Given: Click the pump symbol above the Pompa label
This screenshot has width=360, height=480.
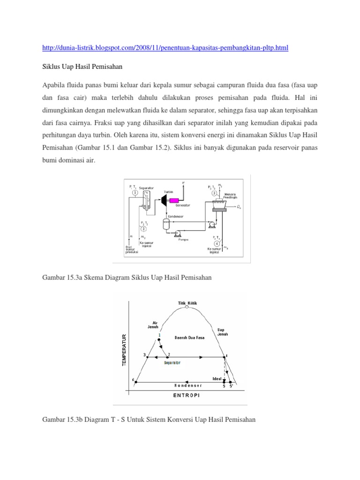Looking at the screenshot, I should click(178, 232).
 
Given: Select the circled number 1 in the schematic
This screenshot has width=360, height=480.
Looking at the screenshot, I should click(135, 193).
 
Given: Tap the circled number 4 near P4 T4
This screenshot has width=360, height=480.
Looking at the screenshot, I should click(216, 244).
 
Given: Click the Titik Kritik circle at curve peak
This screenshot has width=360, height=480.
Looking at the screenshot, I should click(187, 307).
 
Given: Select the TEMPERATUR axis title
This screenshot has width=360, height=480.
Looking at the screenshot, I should click(124, 351).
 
